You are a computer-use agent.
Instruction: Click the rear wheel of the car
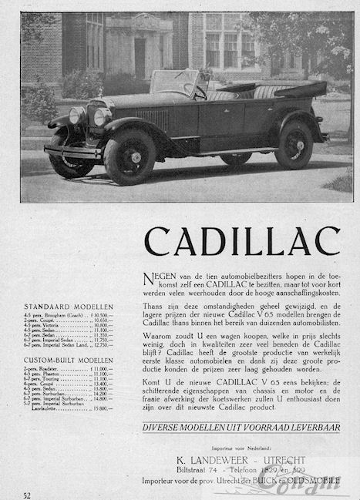pyautogui.click(x=293, y=145)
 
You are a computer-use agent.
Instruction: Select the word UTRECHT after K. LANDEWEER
pyautogui.click(x=281, y=458)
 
